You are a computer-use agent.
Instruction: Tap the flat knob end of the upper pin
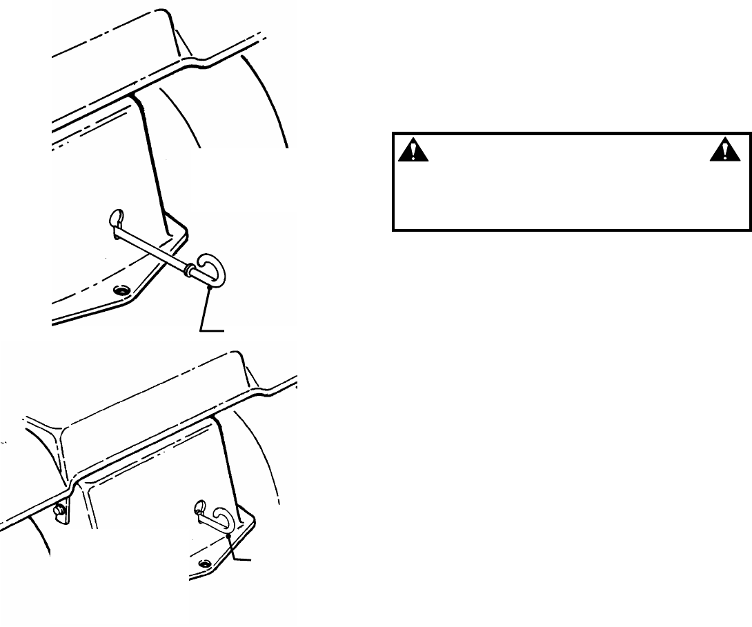pyautogui.click(x=115, y=219)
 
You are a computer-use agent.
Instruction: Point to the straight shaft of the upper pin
pyautogui.click(x=152, y=245)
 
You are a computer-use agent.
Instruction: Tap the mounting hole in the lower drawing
pyautogui.click(x=204, y=564)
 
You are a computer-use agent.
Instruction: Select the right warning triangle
pyautogui.click(x=726, y=150)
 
